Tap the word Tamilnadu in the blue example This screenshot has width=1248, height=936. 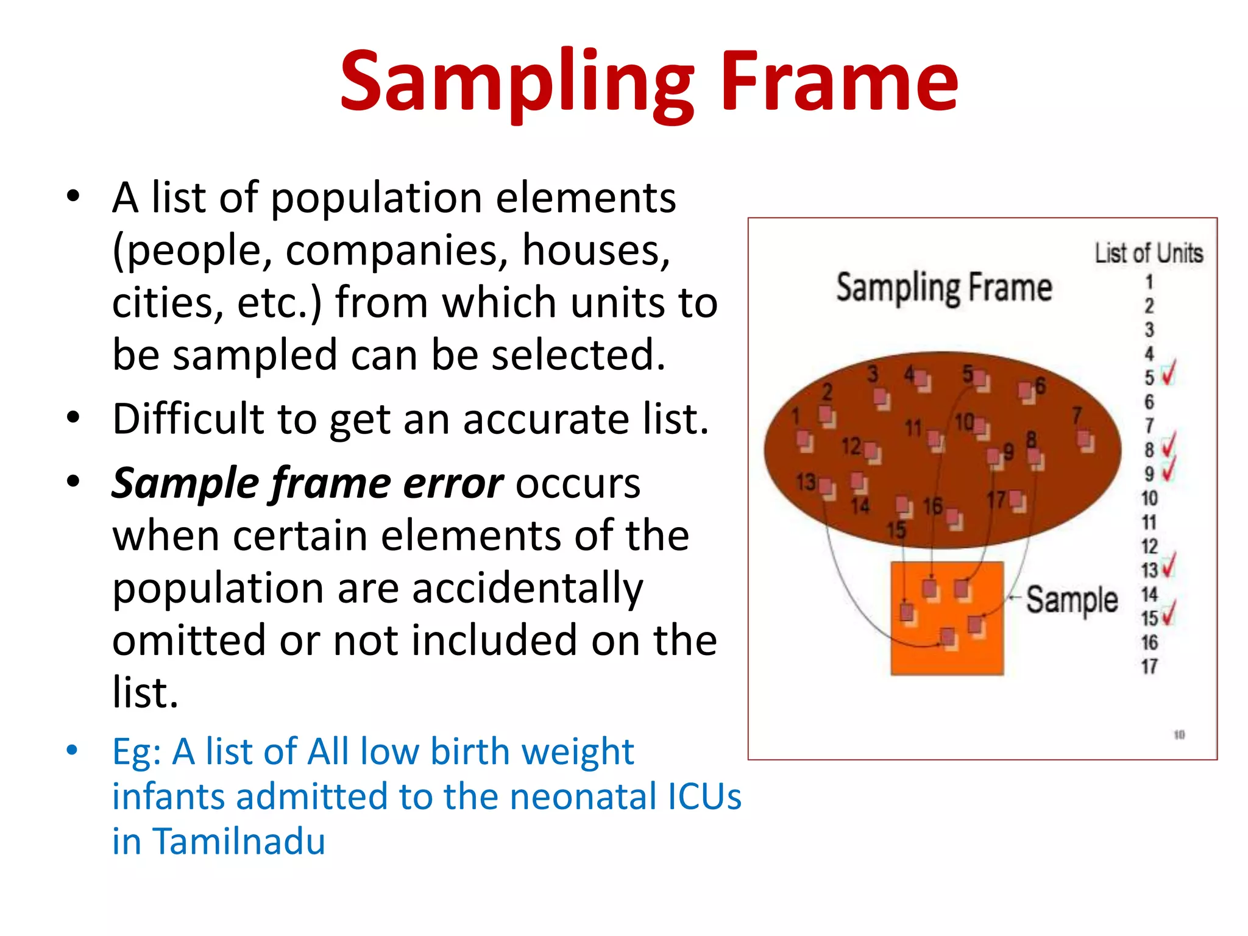pyautogui.click(x=238, y=842)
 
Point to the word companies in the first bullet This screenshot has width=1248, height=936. pyautogui.click(x=397, y=250)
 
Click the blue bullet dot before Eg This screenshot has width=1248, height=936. pyautogui.click(x=73, y=750)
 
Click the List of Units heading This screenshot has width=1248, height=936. pyautogui.click(x=1149, y=253)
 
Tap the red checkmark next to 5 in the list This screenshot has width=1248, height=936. pyautogui.click(x=1168, y=374)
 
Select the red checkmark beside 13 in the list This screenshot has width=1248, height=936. pyautogui.click(x=1169, y=566)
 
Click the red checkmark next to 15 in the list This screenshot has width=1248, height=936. pyautogui.click(x=1169, y=614)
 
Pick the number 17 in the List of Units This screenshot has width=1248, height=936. pyautogui.click(x=1149, y=666)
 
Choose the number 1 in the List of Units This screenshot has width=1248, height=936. pyautogui.click(x=1149, y=282)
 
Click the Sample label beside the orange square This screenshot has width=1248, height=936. pyautogui.click(x=1072, y=600)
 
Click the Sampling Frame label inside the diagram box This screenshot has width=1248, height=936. pyautogui.click(x=944, y=288)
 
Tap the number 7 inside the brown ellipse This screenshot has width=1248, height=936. pyautogui.click(x=1077, y=416)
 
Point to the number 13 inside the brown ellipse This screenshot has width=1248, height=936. pyautogui.click(x=806, y=482)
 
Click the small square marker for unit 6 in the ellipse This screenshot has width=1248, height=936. pyautogui.click(x=1027, y=392)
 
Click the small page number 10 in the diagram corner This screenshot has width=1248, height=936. pyautogui.click(x=1179, y=735)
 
